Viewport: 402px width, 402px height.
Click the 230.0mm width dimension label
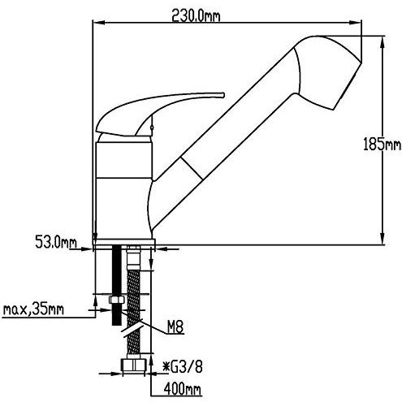[x=196, y=16]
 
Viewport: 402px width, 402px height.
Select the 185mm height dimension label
[x=382, y=144]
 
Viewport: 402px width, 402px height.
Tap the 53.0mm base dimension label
[x=56, y=242]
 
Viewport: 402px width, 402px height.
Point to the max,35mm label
[x=33, y=309]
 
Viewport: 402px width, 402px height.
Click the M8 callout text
[x=175, y=327]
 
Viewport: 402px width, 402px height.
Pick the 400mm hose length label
[x=182, y=389]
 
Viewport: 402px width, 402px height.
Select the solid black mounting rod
[x=117, y=284]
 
